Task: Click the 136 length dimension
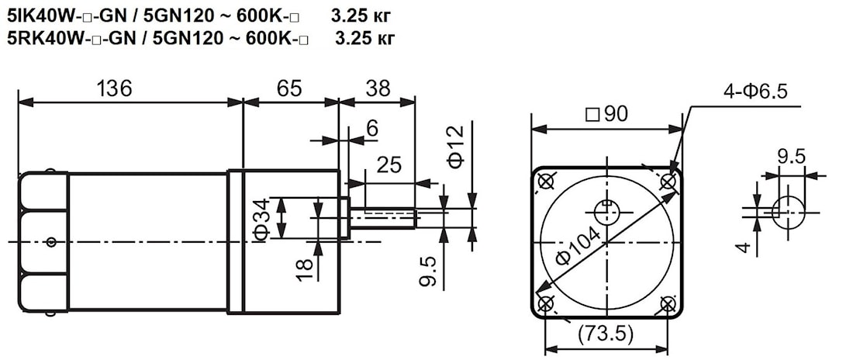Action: [x=114, y=88]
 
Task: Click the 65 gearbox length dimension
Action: [x=288, y=88]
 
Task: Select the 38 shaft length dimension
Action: [x=378, y=88]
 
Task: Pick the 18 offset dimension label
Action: [x=306, y=269]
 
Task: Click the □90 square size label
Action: [x=607, y=114]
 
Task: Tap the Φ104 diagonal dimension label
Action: [x=578, y=246]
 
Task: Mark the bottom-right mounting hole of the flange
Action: [x=668, y=303]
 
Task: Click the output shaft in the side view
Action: [x=384, y=218]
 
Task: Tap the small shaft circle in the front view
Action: [x=606, y=212]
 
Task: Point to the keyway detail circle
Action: [x=789, y=212]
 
